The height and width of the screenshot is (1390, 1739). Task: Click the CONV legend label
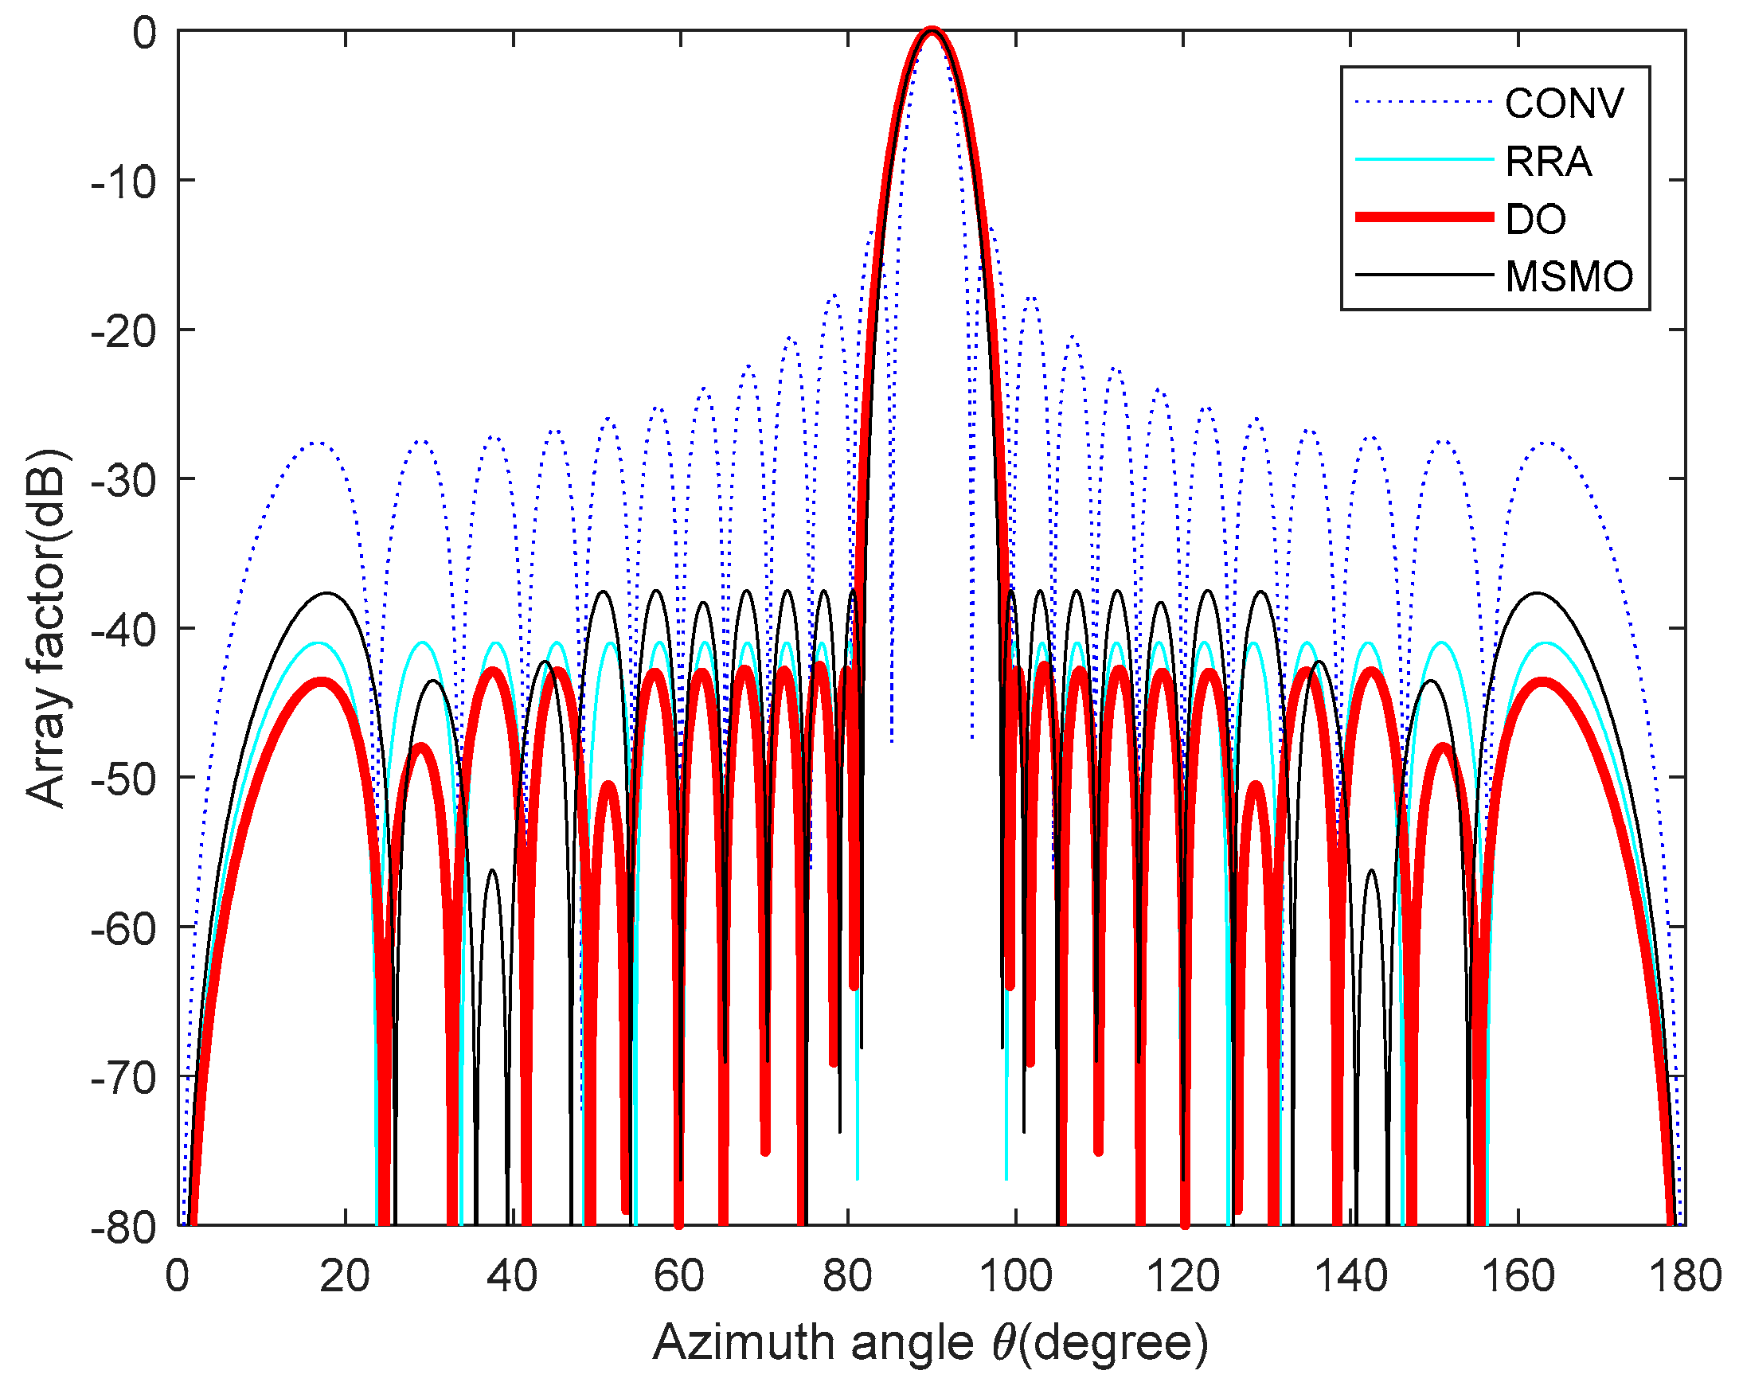[1564, 103]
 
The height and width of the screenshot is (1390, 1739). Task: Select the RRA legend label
[1548, 162]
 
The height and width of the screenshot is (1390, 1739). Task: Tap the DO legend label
[1535, 218]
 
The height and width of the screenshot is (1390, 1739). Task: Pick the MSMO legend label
[1569, 276]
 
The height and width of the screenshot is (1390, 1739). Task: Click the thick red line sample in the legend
[1424, 217]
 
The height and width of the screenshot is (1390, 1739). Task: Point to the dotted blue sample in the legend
[1424, 102]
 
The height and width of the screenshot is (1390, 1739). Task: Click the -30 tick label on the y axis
[123, 480]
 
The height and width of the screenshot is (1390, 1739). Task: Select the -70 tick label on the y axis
[123, 1078]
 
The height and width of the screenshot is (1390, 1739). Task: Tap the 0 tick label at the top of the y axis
[145, 34]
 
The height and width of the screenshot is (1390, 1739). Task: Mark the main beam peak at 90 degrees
[932, 30]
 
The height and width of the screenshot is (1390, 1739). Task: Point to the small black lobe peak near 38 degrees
[492, 871]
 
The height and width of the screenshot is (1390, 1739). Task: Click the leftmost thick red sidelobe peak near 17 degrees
[321, 682]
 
